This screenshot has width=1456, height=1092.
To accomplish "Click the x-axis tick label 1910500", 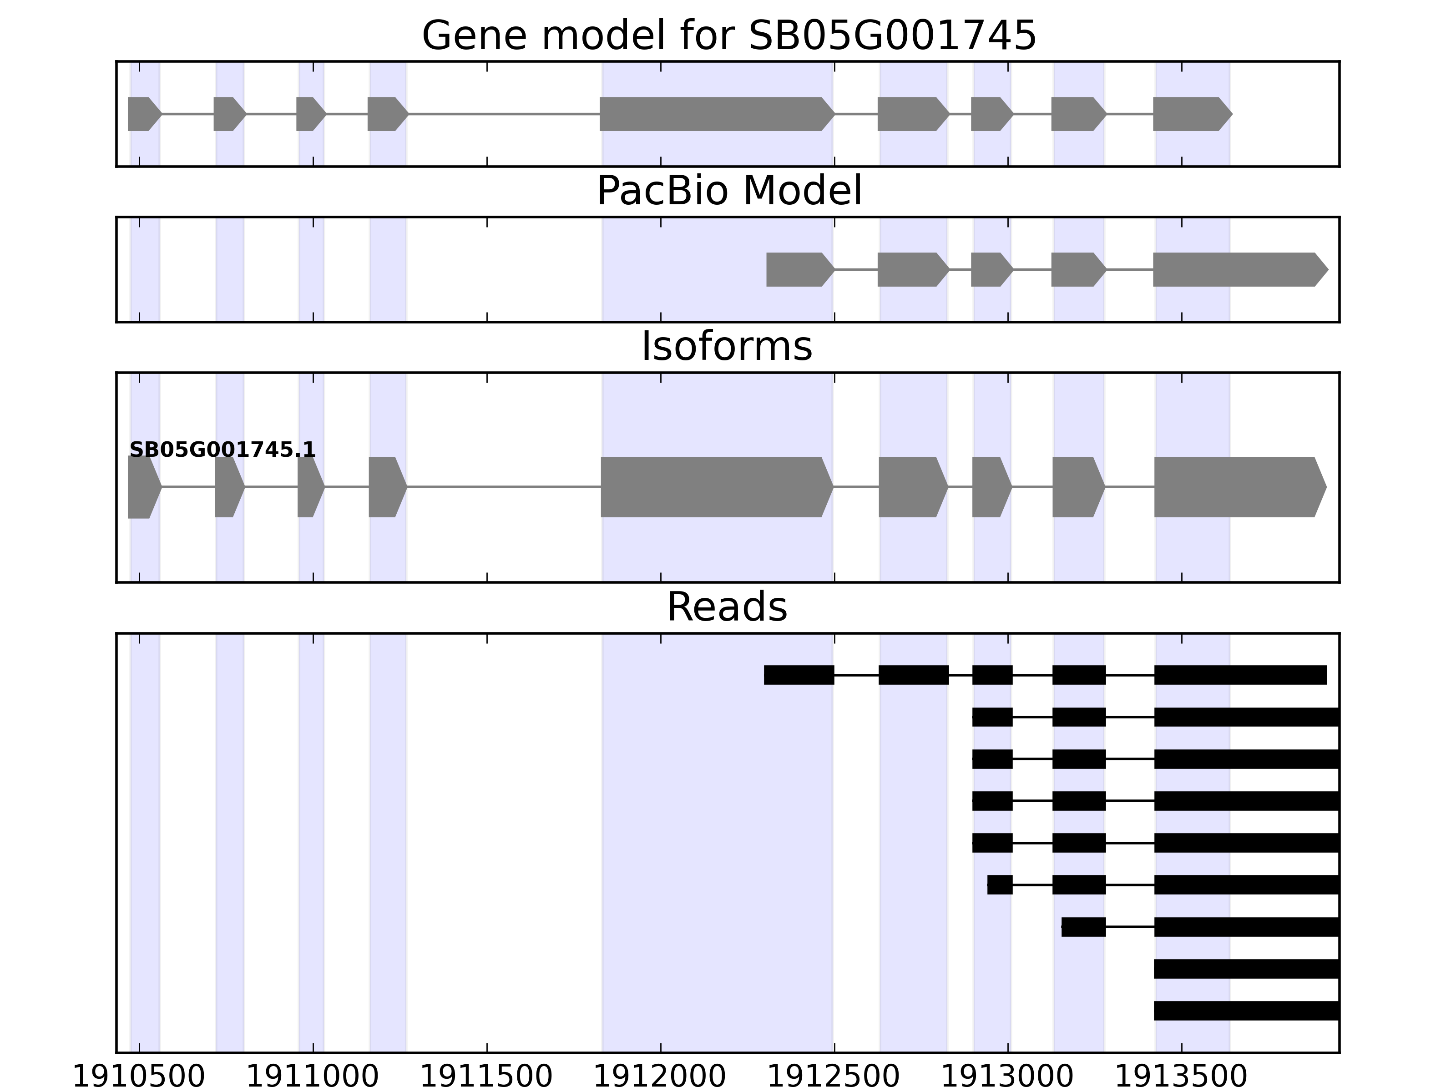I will tap(139, 1077).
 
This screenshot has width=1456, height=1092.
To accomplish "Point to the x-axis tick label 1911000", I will tap(313, 1077).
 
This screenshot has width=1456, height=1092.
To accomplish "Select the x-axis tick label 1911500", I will tap(486, 1077).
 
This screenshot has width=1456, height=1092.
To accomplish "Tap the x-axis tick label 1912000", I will tap(660, 1077).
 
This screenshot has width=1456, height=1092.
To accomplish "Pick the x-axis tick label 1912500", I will tap(834, 1077).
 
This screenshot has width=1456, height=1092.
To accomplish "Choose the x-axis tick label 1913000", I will tap(1008, 1077).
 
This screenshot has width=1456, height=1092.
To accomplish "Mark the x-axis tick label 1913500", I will tap(1182, 1077).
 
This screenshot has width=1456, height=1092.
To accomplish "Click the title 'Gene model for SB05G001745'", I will tap(728, 35).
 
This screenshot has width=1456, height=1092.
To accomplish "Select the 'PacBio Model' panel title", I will tap(728, 191).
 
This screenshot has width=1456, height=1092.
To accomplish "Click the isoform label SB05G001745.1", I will tap(222, 450).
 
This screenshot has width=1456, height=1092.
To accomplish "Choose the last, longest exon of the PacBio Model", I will tap(1238, 269).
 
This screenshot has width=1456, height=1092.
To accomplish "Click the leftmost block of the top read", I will tap(799, 675).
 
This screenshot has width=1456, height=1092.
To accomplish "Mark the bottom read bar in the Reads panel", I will tap(1247, 1011).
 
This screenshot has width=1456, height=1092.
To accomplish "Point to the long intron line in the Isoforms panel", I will tap(504, 487).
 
